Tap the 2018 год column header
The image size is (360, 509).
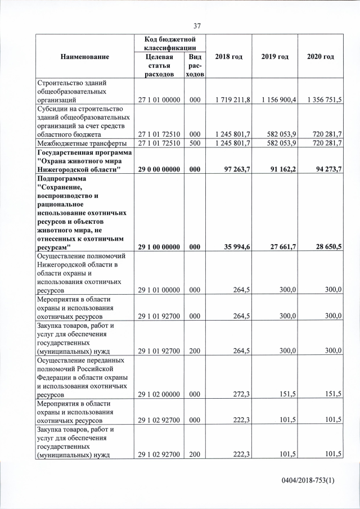point(228,57)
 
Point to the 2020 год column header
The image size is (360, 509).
point(321,57)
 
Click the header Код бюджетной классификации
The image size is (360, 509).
point(168,44)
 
